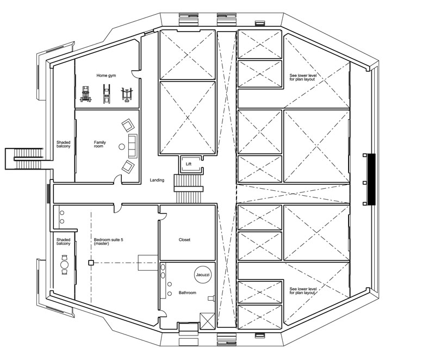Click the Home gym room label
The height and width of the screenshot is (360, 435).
107,76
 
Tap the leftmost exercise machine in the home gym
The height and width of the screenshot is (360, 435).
85,95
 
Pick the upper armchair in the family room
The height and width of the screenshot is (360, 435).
128,126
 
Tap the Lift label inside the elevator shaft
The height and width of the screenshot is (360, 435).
188,163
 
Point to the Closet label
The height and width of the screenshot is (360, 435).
184,240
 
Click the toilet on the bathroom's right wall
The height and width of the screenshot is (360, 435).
212,298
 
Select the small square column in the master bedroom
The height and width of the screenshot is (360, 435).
91,263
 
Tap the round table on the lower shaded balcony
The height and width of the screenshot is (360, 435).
64,266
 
